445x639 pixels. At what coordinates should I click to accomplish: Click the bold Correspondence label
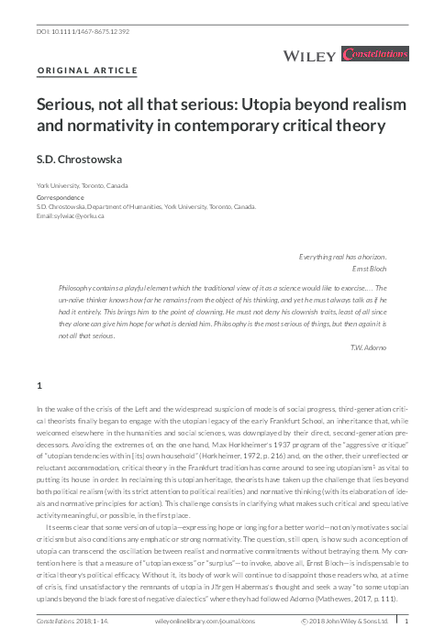point(59,197)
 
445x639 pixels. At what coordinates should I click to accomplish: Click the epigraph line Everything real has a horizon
point(345,258)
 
